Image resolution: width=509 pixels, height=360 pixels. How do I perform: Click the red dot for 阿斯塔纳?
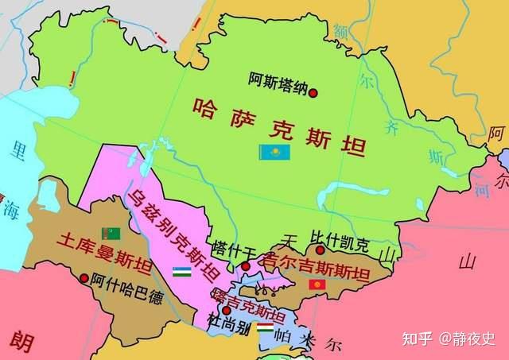point(313,92)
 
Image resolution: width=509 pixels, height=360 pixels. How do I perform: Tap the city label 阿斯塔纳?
point(276,79)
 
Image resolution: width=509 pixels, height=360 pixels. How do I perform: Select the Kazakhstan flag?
point(274,152)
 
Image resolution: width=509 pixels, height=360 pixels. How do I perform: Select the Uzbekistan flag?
point(182,272)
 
